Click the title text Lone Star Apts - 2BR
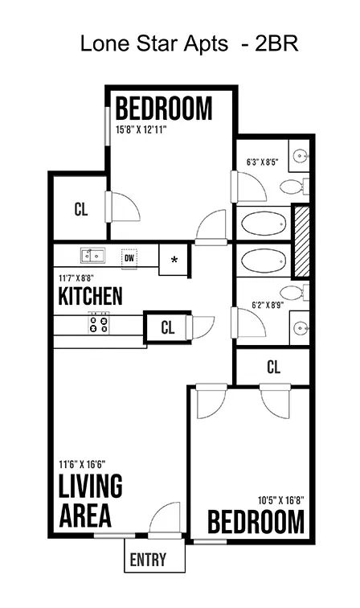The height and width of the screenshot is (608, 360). click(x=189, y=43)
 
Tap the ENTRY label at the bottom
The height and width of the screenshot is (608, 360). click(x=148, y=560)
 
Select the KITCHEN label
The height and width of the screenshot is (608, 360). click(x=90, y=296)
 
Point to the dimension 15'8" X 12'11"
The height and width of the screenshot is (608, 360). click(x=141, y=129)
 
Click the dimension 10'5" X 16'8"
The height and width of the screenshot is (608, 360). click(x=281, y=500)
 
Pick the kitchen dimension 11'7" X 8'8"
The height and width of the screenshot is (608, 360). click(x=76, y=278)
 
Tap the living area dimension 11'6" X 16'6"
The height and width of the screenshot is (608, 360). click(x=82, y=464)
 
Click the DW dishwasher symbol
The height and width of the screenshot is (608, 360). click(x=129, y=258)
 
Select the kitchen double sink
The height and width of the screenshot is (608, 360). click(x=92, y=256)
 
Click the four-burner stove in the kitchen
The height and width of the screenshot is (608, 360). click(x=98, y=324)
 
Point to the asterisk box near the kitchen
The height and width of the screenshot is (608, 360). click(x=174, y=260)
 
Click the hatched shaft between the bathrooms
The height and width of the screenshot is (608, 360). click(x=301, y=241)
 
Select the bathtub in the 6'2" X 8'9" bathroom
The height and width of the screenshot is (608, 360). click(x=264, y=260)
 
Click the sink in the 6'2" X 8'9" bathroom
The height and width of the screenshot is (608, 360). click(x=301, y=328)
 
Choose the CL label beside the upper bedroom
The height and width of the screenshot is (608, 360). click(x=81, y=209)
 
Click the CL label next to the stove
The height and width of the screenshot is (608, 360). click(x=168, y=327)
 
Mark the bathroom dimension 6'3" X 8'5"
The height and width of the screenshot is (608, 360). click(x=263, y=162)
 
